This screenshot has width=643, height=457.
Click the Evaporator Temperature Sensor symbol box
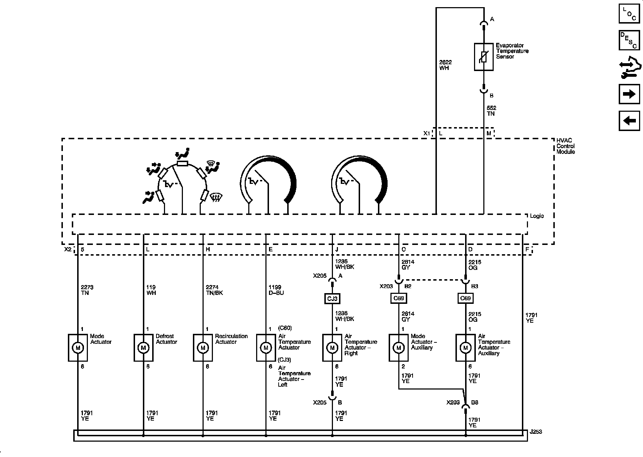point(484,57)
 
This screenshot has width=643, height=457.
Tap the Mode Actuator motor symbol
point(78,348)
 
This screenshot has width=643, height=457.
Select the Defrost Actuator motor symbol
point(144,348)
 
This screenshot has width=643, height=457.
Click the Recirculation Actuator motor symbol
point(203,348)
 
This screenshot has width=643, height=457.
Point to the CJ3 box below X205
point(332,298)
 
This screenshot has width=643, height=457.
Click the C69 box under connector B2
point(398,298)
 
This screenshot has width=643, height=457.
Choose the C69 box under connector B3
point(465,298)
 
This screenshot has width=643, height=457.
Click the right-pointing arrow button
point(629,94)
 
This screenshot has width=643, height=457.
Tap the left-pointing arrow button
point(629,121)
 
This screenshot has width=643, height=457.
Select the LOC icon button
point(629,14)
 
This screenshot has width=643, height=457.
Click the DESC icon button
point(629,40)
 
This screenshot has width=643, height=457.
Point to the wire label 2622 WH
point(445,65)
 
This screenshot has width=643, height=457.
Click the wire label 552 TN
point(491,111)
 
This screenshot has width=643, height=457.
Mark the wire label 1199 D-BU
point(276,290)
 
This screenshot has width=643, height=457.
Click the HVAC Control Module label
point(566,146)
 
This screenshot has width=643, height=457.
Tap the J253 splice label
point(536,432)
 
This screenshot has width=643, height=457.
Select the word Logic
point(537,216)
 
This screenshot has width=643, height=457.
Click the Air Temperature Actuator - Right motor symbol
point(332,348)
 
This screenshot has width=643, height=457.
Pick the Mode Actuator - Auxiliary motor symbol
point(398,348)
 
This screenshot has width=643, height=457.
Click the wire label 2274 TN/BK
point(214,290)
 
